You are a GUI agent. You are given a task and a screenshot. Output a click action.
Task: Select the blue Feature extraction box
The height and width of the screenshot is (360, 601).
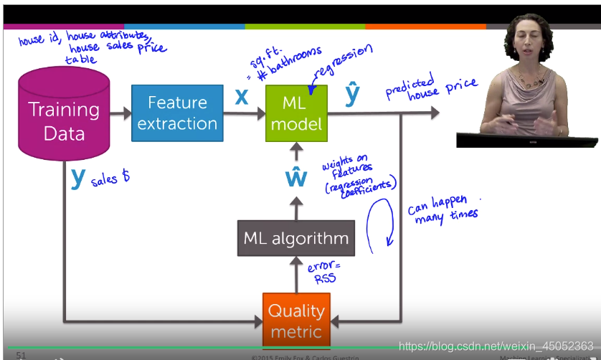click(177, 113)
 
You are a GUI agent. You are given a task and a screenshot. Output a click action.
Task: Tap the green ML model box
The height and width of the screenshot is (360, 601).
click(296, 113)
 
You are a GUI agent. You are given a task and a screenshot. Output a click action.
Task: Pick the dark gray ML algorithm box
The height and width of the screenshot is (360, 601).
click(296, 238)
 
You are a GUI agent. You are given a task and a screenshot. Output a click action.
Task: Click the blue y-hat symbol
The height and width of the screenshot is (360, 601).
click(351, 94)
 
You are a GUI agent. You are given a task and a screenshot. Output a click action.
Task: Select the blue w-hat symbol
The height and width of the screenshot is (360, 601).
click(296, 176)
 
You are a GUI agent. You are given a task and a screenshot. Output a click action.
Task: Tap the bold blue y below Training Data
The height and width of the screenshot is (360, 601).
click(77, 176)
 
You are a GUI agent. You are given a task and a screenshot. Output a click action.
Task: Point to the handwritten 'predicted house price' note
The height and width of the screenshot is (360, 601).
click(430, 90)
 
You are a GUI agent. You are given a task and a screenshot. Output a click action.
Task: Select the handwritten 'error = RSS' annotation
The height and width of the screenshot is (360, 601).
click(321, 273)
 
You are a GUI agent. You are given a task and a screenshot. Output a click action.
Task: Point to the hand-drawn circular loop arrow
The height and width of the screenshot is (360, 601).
click(380, 224)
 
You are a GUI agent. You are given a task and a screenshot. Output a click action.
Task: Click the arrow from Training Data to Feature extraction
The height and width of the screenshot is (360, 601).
click(120, 113)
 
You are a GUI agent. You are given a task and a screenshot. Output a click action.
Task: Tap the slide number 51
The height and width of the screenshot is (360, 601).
click(21, 355)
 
